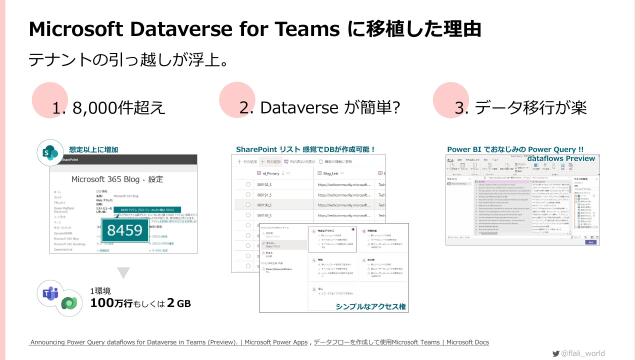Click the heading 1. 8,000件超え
click(108, 107)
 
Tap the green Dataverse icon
click(67, 302)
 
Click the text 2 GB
click(178, 302)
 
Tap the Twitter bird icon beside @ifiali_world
click(555, 353)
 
